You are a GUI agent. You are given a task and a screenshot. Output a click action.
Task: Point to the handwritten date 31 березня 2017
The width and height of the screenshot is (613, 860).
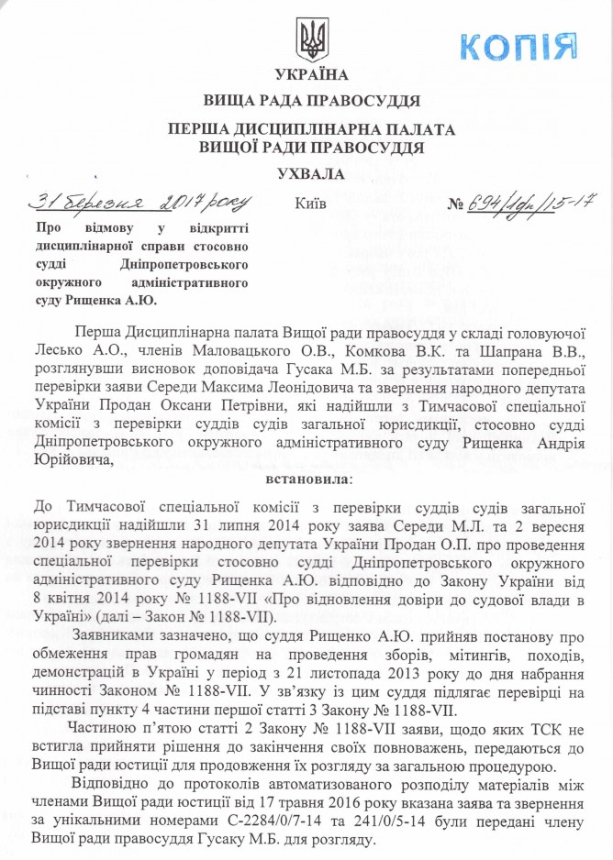click(x=139, y=200)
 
